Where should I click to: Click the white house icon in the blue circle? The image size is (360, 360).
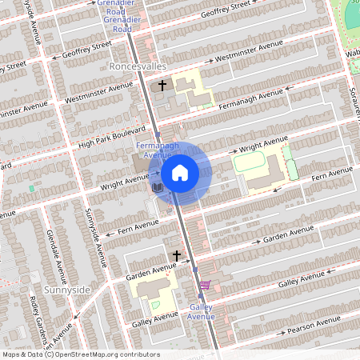click(180, 172)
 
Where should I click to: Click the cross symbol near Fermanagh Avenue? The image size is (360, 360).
click(162, 85)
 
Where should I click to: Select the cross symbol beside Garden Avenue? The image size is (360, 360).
click(176, 256)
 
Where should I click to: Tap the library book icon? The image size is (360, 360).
click(157, 188)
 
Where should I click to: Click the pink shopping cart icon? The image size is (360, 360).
click(205, 284)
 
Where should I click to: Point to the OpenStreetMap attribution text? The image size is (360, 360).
click(81, 354)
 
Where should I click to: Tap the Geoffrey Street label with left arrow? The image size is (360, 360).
click(80, 51)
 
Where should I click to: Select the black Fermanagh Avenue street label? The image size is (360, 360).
click(250, 100)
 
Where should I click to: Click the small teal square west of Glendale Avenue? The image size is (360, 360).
click(32, 188)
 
